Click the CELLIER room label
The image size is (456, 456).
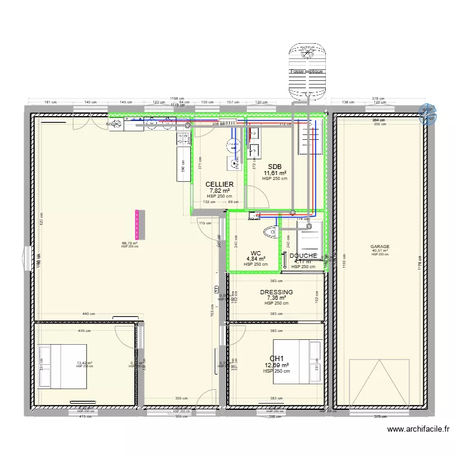[219, 184]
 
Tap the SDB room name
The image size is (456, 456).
[274, 167]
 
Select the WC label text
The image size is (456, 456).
[256, 254]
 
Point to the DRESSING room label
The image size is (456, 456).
[276, 292]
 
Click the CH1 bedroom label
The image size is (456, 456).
[277, 359]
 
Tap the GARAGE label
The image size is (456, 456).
[380, 247]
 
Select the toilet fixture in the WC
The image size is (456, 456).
[270, 232]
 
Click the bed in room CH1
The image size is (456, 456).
[297, 362]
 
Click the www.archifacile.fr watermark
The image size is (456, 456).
[419, 429]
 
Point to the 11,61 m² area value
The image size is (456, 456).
[275, 173]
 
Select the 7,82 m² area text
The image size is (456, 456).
[219, 190]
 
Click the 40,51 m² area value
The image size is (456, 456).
[380, 251]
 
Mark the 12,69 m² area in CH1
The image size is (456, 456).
[277, 365]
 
